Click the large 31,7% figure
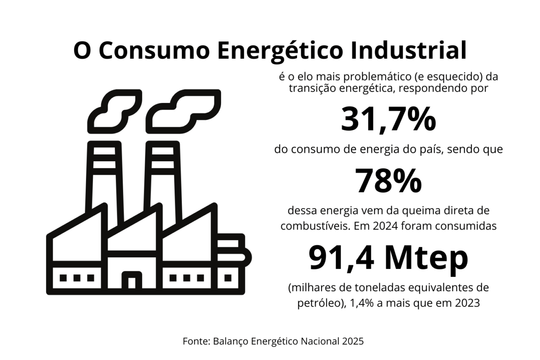pyautogui.click(x=388, y=120)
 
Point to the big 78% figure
pyautogui.click(x=388, y=181)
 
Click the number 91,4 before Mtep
pyautogui.click(x=341, y=258)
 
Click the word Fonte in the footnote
pyautogui.click(x=194, y=341)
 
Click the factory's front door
pyautogui.click(x=132, y=280)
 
